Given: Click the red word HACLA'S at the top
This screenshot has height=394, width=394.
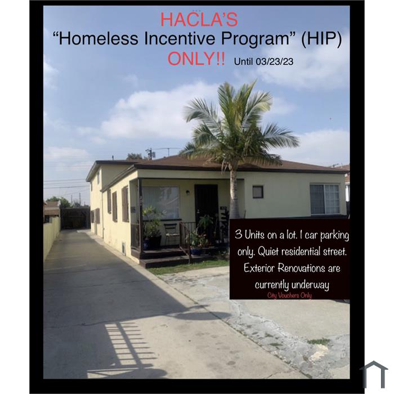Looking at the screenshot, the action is (199, 19).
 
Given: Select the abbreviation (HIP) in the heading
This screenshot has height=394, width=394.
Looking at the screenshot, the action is (321, 39).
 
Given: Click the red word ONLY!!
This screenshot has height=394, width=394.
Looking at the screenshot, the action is (196, 59).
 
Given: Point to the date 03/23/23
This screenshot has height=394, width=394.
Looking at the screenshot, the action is (275, 61).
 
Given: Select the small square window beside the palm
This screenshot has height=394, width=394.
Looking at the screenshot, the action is (258, 192).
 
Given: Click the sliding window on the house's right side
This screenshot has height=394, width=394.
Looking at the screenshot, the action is (325, 199).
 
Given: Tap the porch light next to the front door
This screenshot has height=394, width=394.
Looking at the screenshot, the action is (187, 192).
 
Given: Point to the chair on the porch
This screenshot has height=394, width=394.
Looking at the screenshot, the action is (172, 234).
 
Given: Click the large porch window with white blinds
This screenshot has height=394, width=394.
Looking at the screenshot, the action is (161, 203).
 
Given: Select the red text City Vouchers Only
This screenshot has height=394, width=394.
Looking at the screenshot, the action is (289, 295).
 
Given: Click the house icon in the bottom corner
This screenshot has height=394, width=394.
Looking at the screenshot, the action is (374, 374).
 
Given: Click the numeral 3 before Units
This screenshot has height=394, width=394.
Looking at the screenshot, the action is (239, 235).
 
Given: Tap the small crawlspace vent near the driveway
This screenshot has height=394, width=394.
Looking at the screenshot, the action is (124, 248).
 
